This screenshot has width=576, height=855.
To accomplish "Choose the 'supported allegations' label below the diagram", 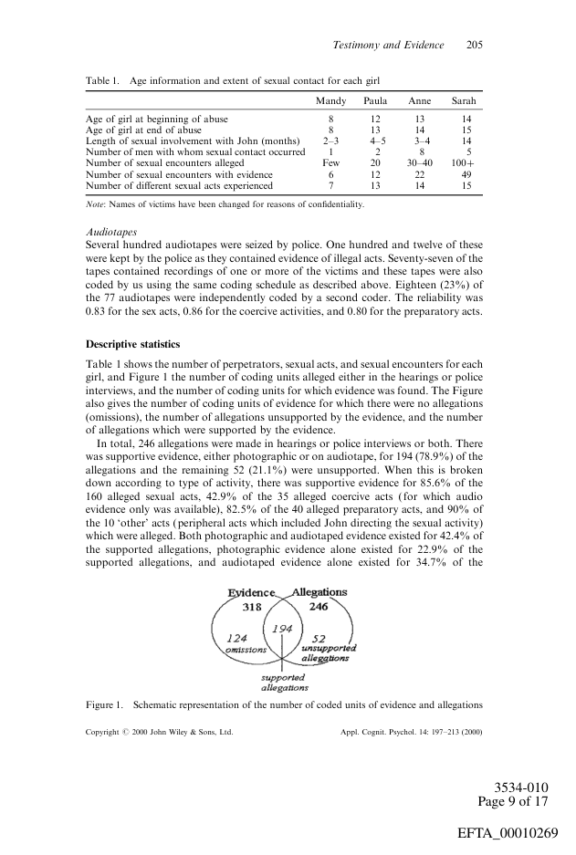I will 284,683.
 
